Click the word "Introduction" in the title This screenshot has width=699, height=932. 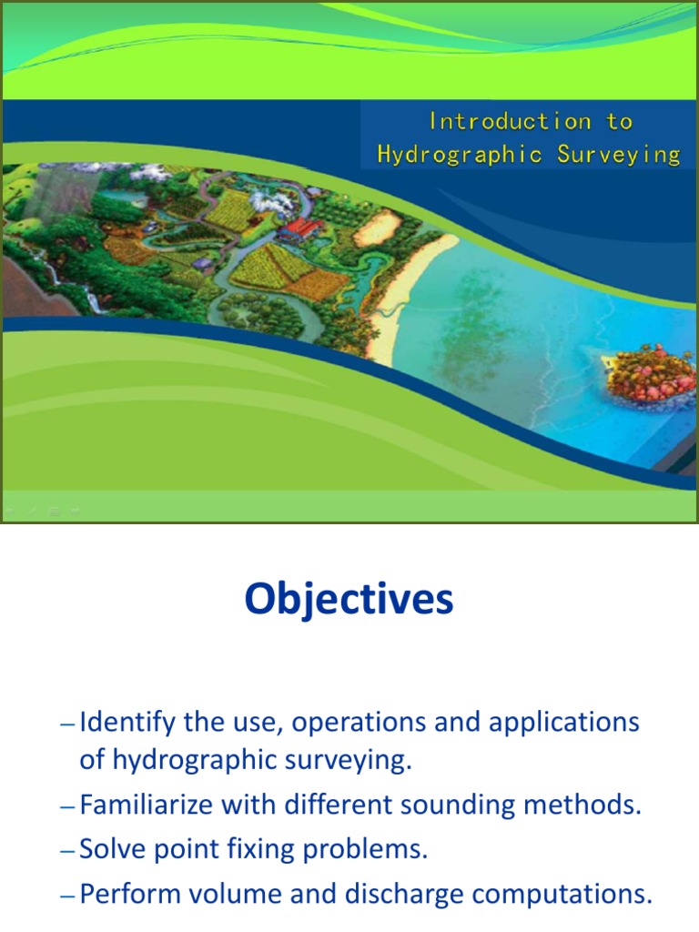point(497,121)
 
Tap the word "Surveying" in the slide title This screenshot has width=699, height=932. point(619,155)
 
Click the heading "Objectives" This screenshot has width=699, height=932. point(349,600)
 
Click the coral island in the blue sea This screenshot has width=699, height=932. point(650,374)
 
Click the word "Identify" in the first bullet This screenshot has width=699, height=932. point(127,724)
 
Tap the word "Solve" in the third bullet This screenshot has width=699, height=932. point(106,850)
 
